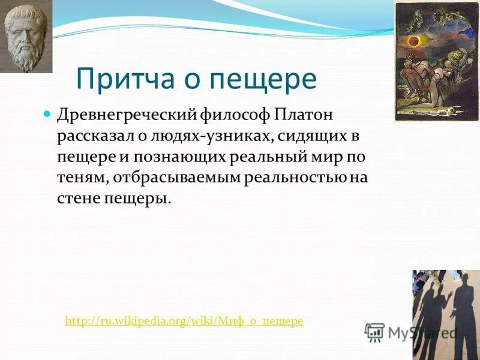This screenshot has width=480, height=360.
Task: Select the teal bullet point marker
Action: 49,114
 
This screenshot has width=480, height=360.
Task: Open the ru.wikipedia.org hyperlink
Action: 184,321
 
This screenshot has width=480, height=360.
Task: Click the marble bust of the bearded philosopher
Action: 26,35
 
